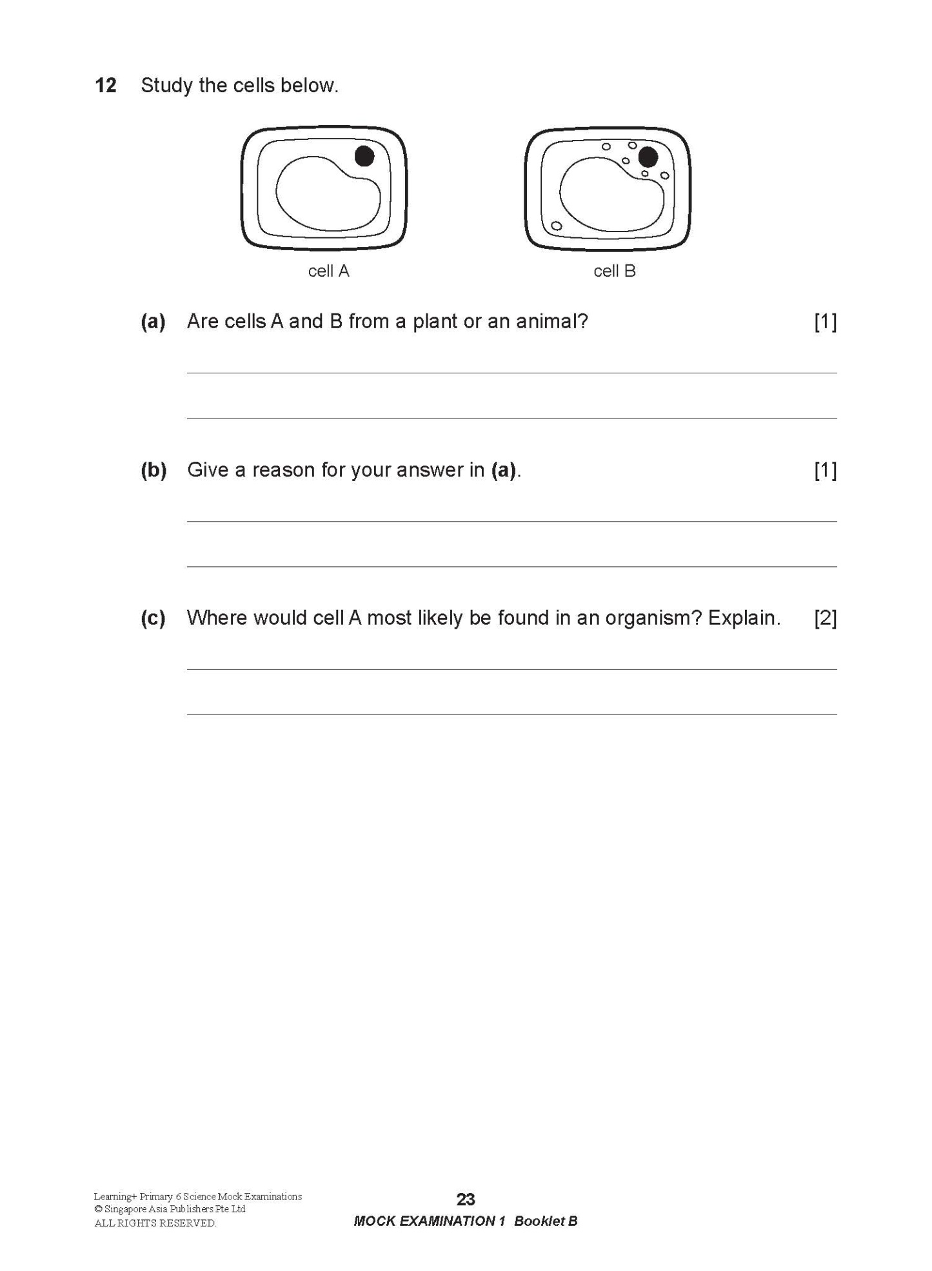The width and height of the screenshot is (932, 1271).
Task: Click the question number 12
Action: coord(105,85)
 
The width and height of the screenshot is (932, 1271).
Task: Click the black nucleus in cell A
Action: coord(364,156)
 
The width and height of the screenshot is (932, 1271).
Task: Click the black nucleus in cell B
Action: coord(648,157)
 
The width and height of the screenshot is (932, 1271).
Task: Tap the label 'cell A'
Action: coord(328,271)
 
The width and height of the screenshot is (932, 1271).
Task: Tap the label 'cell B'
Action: coord(614,271)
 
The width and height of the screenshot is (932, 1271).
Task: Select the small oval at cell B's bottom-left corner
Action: coord(556,226)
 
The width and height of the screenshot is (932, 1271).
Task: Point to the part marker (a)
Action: coord(153,321)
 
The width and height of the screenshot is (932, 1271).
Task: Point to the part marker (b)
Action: coord(154,469)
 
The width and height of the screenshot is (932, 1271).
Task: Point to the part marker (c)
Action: coord(153,618)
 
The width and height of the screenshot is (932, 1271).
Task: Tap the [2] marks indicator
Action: coord(825,618)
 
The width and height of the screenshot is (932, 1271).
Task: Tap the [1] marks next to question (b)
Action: coord(825,469)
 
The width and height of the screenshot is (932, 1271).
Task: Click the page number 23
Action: coord(466,1199)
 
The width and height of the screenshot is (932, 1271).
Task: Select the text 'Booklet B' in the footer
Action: coord(546,1221)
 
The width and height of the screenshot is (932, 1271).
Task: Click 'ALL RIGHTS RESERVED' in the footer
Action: coord(155,1223)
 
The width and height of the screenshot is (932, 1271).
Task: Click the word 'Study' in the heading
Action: coord(166,85)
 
